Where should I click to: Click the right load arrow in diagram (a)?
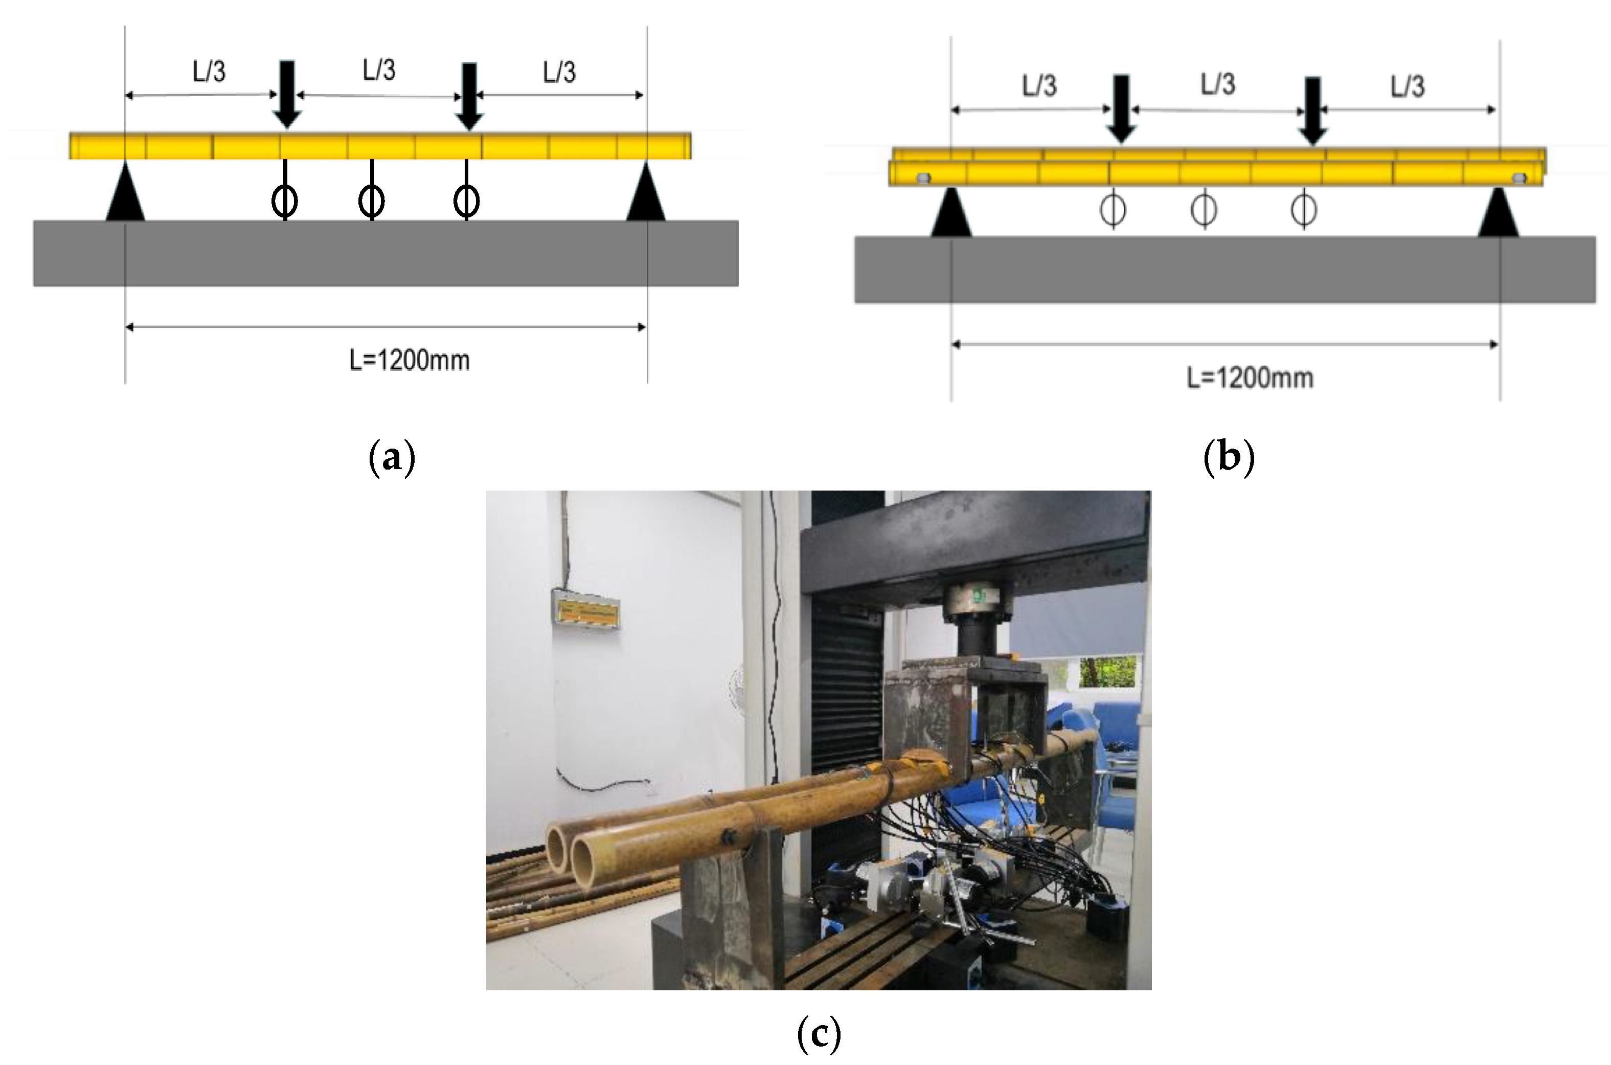coord(468,96)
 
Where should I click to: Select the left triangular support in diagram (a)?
coord(126,193)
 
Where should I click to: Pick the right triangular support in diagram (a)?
coord(646,193)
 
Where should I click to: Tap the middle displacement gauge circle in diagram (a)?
coord(371,201)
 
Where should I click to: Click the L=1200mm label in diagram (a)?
coord(410,360)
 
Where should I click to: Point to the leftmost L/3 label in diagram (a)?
coord(209,71)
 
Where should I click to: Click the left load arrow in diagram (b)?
coord(1122,108)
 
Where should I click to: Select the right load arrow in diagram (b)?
coord(1313,110)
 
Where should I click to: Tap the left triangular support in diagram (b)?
coord(951,213)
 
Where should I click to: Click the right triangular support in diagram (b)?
coord(1499,213)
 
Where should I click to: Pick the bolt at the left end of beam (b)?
coord(923,179)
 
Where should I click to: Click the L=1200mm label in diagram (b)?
coord(1250,378)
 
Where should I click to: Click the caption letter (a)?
coord(392,458)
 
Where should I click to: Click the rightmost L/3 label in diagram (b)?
coord(1408,86)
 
